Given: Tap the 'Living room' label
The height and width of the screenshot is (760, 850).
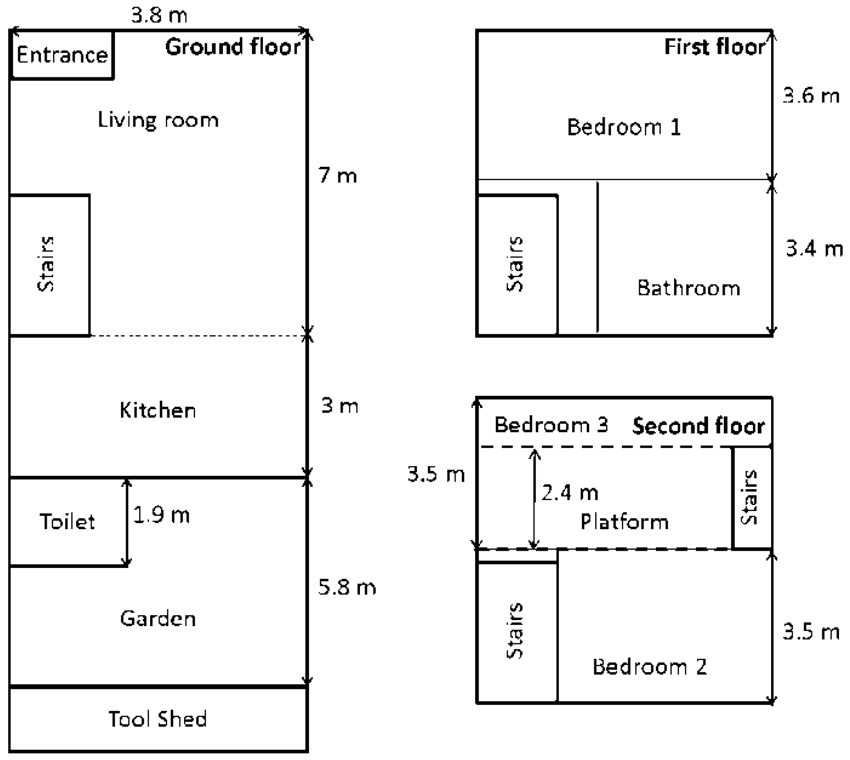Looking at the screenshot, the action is click(158, 119).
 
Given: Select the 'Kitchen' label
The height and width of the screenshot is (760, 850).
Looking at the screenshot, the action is click(158, 410).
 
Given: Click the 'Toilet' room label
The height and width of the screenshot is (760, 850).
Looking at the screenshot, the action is click(67, 521).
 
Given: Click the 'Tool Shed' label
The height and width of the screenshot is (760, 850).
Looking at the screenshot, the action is click(158, 718).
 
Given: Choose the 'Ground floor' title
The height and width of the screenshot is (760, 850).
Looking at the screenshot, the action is click(233, 47).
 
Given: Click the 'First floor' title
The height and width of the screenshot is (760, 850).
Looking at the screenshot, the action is click(715, 47).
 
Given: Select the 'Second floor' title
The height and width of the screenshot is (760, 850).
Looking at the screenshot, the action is click(698, 426).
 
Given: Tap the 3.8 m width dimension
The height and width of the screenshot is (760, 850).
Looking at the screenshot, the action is click(159, 15).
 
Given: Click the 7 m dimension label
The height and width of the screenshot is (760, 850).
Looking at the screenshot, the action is click(338, 175).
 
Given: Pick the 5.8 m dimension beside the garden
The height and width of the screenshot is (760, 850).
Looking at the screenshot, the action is click(347, 587).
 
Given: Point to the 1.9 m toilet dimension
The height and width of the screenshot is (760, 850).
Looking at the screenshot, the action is click(161, 515).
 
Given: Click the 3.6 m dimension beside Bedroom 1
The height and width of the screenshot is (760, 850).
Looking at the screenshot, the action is click(811, 96).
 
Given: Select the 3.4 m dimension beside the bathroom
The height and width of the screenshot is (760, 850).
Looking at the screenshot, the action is click(815, 249).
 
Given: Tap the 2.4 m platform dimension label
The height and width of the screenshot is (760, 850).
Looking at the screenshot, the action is click(569, 492).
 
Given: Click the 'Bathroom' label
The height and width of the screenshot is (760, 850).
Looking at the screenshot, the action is click(689, 288).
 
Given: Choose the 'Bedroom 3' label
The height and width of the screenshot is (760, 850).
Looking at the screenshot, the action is click(551, 424).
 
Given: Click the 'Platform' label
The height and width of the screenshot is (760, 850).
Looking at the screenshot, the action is click(624, 521).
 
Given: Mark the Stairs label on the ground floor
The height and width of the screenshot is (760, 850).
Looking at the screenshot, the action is click(46, 264).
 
